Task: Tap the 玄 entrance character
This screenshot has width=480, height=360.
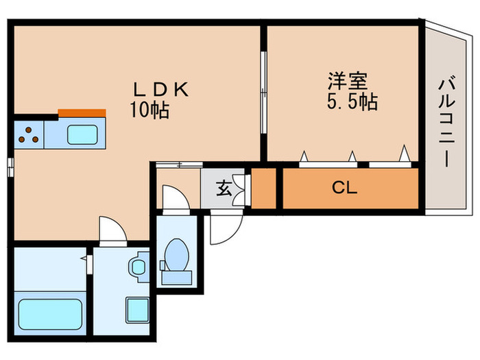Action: (224, 188)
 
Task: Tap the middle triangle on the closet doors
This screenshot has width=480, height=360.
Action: (352, 156)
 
